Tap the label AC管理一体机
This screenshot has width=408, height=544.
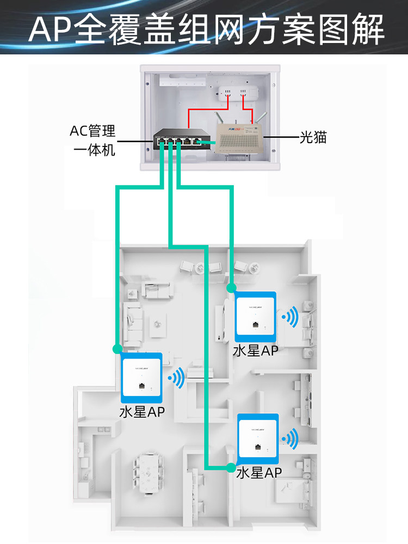[x=92, y=140]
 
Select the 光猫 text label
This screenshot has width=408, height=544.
[x=313, y=137]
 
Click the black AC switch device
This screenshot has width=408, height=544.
[x=182, y=139]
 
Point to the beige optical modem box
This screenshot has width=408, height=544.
[x=239, y=139]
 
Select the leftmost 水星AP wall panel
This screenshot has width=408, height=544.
[x=141, y=378]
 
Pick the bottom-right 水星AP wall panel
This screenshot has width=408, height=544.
[x=258, y=438]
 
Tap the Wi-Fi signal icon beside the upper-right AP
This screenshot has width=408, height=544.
[x=290, y=317]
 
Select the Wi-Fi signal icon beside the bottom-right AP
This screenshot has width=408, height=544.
[x=290, y=439]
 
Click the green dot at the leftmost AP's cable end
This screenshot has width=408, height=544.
[x=118, y=349]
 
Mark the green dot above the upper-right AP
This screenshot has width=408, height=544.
[x=231, y=288]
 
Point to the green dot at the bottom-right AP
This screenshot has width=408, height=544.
[x=230, y=467]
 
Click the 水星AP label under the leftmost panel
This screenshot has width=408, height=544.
[x=142, y=412]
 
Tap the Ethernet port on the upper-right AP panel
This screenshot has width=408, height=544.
[x=256, y=325]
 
